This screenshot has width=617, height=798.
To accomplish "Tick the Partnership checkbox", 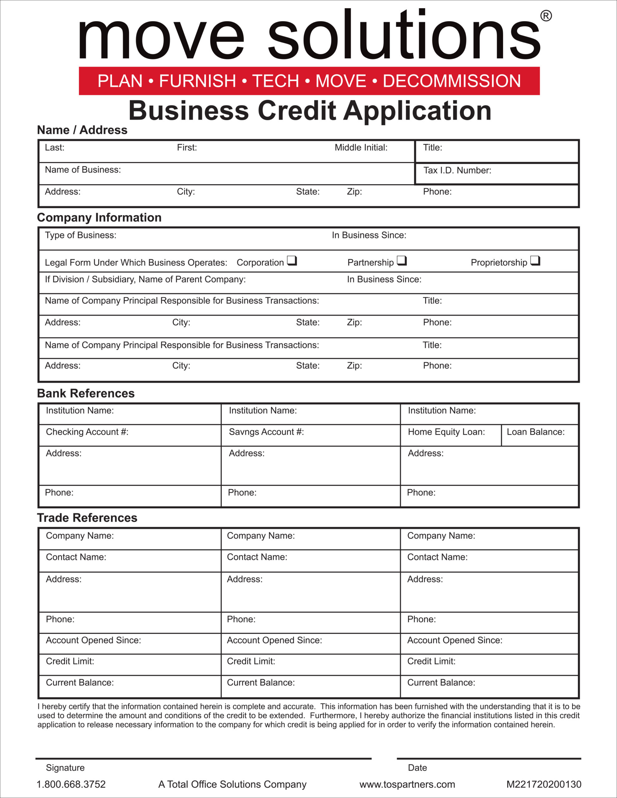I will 401,261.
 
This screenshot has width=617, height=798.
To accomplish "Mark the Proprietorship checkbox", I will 535,261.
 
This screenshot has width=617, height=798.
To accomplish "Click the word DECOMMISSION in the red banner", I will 452,81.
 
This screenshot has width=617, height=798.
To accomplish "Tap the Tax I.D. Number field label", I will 457,170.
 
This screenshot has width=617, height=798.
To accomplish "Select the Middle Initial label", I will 361,148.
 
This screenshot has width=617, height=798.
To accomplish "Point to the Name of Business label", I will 83,170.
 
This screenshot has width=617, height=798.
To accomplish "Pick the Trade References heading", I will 87,518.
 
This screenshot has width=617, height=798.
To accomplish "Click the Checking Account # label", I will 87,432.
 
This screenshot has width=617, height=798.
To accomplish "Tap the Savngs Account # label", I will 266,432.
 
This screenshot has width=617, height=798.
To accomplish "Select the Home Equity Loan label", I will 446,432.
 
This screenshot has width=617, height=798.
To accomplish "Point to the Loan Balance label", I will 536,432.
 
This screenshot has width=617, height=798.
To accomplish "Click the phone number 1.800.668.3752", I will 71,784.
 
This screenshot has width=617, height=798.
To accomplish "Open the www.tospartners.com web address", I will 407,784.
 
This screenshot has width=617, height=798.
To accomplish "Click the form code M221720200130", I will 544,784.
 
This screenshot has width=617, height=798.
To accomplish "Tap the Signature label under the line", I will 65,768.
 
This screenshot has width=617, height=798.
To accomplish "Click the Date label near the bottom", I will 417,768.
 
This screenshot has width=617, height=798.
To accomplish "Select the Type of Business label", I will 80,235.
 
